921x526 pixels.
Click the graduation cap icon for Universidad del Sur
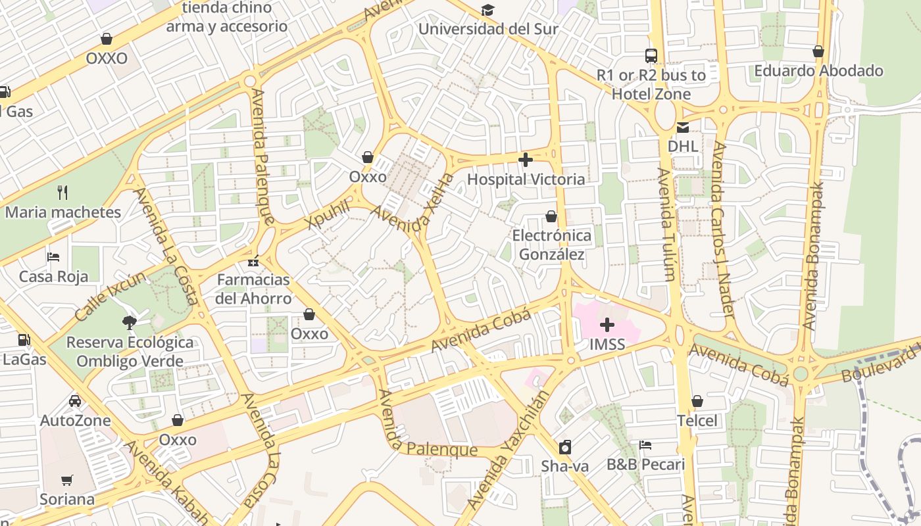coord(487,10)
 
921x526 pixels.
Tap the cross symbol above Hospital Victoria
coord(526,160)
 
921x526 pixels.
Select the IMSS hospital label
coord(607,344)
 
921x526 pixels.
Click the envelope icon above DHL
coord(683,127)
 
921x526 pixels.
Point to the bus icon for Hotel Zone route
coord(651,56)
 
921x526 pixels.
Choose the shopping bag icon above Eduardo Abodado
coord(818,51)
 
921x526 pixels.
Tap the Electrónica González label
coord(551,245)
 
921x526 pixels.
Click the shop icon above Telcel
coord(697,401)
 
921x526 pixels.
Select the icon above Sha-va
coord(564,447)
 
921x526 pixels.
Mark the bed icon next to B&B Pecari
coord(645,445)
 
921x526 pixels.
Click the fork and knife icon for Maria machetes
coord(63,193)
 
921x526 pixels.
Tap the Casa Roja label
coord(53,276)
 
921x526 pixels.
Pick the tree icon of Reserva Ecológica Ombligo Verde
coord(130,322)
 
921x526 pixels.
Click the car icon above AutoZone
coord(75,401)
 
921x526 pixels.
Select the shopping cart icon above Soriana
coord(67,480)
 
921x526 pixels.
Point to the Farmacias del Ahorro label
coord(254,289)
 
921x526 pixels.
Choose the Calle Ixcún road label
coord(110,296)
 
